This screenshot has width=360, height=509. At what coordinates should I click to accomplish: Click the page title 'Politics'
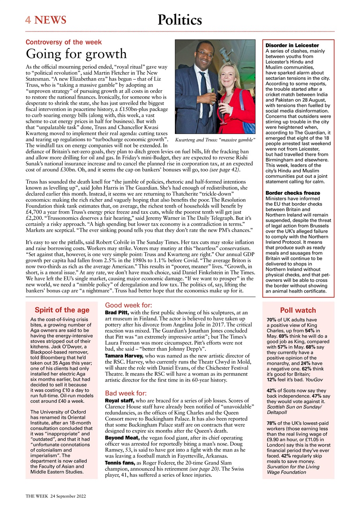coord(180,20)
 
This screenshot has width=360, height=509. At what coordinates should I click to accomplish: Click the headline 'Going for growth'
coord(76,54)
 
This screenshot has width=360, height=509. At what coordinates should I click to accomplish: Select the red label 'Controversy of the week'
coord(64,42)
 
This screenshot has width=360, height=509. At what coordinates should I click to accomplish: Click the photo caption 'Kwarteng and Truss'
coord(215,140)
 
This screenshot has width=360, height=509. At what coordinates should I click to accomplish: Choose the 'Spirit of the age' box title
coord(62,310)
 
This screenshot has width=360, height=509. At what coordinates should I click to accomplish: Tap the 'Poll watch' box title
coord(298,311)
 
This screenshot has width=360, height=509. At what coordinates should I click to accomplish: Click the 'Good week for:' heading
coord(128,305)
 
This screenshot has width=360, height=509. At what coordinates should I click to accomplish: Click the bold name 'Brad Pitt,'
coord(117,313)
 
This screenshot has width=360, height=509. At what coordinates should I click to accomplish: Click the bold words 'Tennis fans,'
coord(120,463)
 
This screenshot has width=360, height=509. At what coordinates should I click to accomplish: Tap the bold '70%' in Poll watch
coord(272,320)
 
